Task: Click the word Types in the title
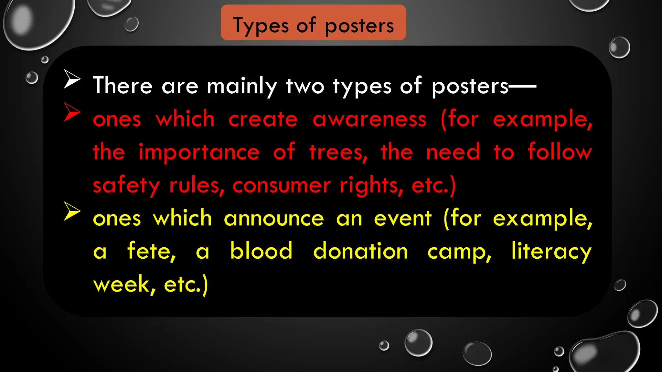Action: point(261,26)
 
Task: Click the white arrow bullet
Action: point(72,79)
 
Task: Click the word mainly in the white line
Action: point(242,87)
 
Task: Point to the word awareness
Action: point(369,119)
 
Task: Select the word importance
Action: point(199,152)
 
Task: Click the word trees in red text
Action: point(338,153)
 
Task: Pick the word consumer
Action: point(281,185)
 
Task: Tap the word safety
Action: point(126,186)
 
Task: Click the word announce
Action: point(274,219)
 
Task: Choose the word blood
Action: point(261,251)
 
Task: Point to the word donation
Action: point(360,251)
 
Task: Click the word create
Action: point(263,119)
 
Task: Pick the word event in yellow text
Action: point(402,219)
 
